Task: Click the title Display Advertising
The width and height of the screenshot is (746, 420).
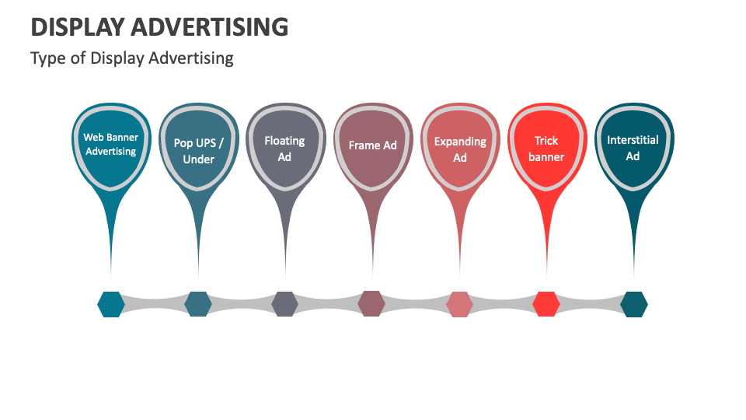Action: coord(159,28)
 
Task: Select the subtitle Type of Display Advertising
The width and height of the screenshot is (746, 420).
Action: coord(132,58)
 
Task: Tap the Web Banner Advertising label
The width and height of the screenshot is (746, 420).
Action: coord(111,145)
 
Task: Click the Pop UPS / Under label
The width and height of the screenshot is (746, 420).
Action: coord(198,151)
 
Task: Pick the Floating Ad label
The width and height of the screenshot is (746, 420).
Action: coord(284,149)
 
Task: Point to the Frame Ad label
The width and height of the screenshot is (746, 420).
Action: coord(372,145)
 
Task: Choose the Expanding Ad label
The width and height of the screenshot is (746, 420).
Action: coord(460,149)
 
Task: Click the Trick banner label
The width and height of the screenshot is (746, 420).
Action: coord(546,149)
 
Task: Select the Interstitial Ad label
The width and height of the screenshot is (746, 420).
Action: coord(633,148)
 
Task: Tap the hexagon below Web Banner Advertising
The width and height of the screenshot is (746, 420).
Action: coord(111,304)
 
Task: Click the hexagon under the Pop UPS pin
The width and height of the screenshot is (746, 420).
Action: coord(198,304)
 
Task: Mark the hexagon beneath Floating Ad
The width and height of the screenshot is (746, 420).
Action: coord(284,304)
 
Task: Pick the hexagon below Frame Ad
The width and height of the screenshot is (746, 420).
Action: coord(371,303)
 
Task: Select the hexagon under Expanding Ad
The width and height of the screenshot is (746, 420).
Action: coord(459,304)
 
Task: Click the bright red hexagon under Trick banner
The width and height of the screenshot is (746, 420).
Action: coord(546,304)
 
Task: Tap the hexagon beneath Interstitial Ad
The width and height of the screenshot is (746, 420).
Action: coord(633,304)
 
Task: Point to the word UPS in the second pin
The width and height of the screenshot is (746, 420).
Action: coord(207,143)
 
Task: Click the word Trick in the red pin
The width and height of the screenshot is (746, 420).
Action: coord(546,141)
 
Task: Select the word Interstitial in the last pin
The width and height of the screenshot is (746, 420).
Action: coord(633,140)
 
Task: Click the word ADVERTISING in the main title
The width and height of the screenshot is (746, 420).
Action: coord(209,28)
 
